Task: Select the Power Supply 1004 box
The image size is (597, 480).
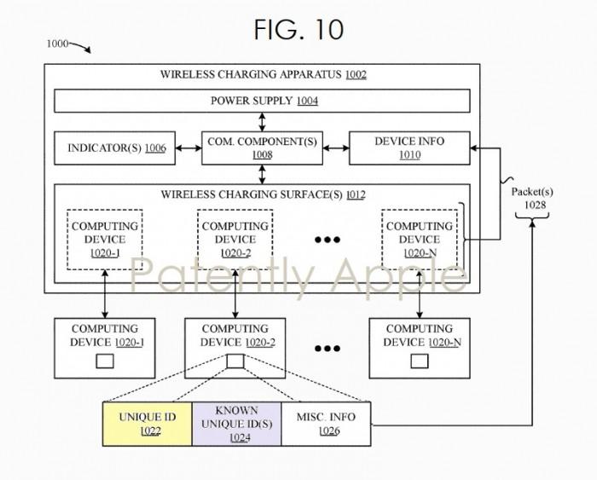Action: pyautogui.click(x=263, y=101)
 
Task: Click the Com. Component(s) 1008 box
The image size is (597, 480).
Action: pyautogui.click(x=262, y=148)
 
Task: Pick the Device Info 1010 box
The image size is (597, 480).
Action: pyautogui.click(x=409, y=148)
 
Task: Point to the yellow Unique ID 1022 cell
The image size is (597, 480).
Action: pyautogui.click(x=147, y=421)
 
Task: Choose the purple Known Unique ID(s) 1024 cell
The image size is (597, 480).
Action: pyautogui.click(x=236, y=421)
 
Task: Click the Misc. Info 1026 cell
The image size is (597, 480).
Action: pyautogui.click(x=326, y=421)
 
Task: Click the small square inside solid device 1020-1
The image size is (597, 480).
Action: pyautogui.click(x=105, y=360)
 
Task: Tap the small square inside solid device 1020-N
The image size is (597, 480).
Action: pyautogui.click(x=420, y=360)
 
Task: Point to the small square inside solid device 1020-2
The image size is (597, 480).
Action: pyautogui.click(x=235, y=360)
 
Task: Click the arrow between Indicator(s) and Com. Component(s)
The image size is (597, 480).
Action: pyautogui.click(x=187, y=148)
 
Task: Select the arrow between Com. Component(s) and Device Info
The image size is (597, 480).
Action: pyautogui.click(x=337, y=148)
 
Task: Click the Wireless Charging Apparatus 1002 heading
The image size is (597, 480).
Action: pyautogui.click(x=263, y=74)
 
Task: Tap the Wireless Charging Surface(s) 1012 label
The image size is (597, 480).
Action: pyautogui.click(x=263, y=194)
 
